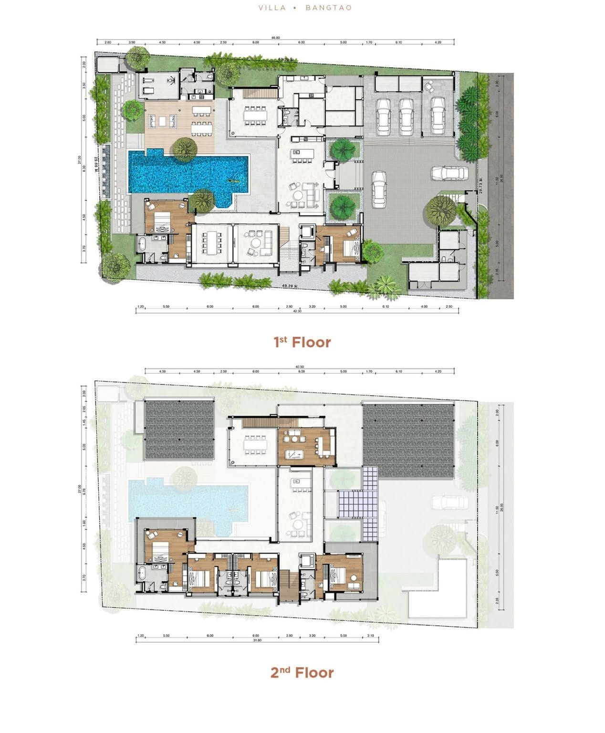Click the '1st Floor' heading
click(302, 342)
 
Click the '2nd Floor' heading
click(302, 672)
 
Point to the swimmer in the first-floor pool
click(233, 181)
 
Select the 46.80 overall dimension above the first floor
click(275, 37)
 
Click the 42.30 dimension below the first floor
click(297, 311)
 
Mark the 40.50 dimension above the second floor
click(300, 367)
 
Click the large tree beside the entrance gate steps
click(441, 210)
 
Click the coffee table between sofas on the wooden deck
click(163, 120)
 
